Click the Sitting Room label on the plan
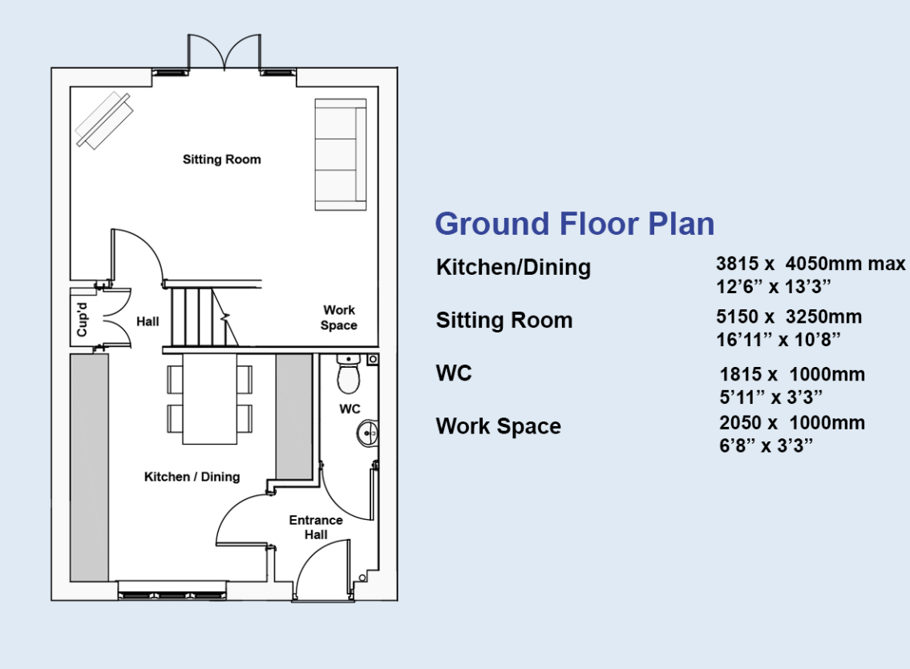(x=221, y=159)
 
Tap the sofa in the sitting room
(x=341, y=155)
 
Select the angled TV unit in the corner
(x=103, y=120)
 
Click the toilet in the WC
(x=348, y=375)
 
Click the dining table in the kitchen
(x=210, y=398)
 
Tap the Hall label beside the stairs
(x=148, y=321)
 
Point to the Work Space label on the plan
(x=338, y=317)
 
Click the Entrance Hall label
(x=316, y=527)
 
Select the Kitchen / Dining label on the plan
(x=192, y=477)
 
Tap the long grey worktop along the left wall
(x=89, y=467)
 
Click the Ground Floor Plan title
(x=574, y=224)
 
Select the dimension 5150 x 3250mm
(x=788, y=316)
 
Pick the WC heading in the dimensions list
(x=454, y=373)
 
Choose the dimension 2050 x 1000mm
(x=791, y=422)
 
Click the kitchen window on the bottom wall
(x=171, y=595)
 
